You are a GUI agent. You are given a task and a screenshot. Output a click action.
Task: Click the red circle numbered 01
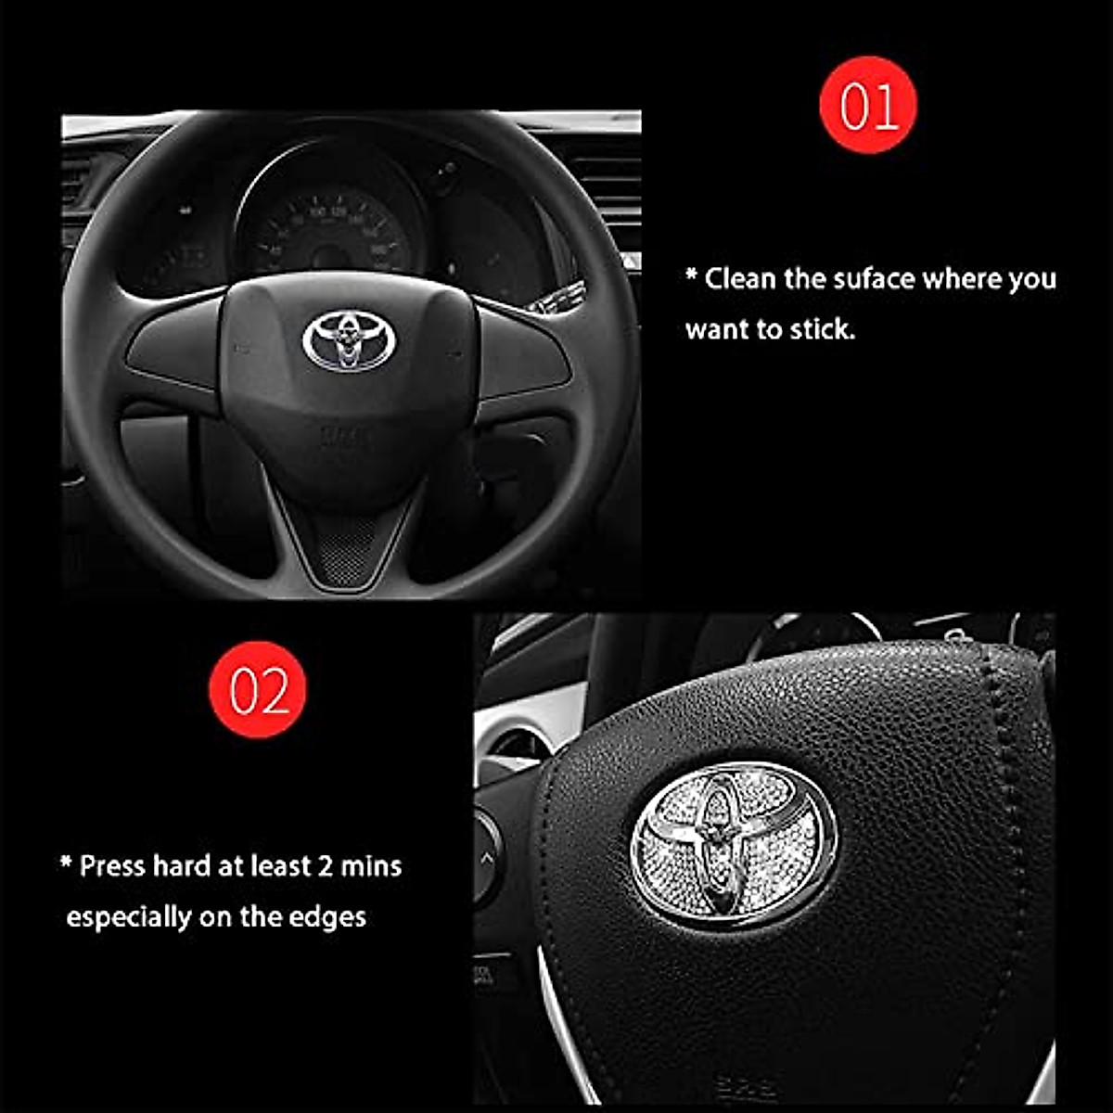[868, 105]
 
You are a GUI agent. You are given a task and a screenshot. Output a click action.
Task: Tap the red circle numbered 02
[258, 690]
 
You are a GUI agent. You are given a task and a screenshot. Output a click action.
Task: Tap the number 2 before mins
[325, 866]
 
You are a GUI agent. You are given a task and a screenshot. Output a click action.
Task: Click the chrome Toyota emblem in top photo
[349, 340]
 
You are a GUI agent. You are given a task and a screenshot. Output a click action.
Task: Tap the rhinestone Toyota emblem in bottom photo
[733, 843]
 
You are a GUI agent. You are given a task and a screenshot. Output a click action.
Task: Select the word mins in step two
[371, 866]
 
